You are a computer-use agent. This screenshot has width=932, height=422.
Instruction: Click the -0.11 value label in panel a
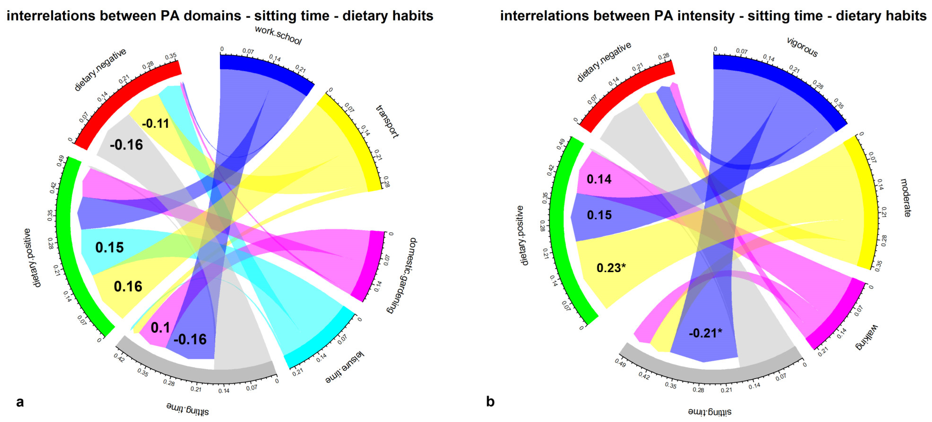[156, 124]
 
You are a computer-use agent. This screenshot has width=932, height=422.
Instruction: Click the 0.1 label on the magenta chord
[160, 328]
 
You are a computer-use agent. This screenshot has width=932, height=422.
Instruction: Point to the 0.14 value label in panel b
[599, 179]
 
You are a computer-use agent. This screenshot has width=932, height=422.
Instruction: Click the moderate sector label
[906, 198]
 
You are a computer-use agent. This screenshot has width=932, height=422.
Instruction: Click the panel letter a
[20, 402]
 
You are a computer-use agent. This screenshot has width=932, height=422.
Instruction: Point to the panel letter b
[490, 402]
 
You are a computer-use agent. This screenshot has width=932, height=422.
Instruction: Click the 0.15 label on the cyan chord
[109, 248]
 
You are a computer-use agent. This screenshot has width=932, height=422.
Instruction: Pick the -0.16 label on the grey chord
[126, 145]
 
